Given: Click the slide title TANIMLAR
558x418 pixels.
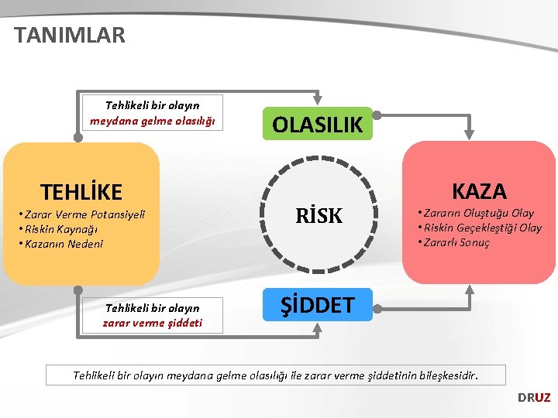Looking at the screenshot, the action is [x=69, y=35].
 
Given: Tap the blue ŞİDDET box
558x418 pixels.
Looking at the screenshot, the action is [x=318, y=304].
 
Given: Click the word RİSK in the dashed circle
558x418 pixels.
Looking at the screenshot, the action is [x=319, y=217].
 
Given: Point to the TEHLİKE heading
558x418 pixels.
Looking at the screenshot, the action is [x=81, y=191].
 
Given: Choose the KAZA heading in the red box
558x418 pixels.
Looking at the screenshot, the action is [x=479, y=190].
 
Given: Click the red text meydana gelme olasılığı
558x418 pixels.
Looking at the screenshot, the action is [x=152, y=121].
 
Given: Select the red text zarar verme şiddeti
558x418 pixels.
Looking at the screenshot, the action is [x=152, y=323].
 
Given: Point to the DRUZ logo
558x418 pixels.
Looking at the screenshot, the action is [x=534, y=397].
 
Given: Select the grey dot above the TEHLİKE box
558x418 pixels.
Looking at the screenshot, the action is [x=78, y=137].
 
